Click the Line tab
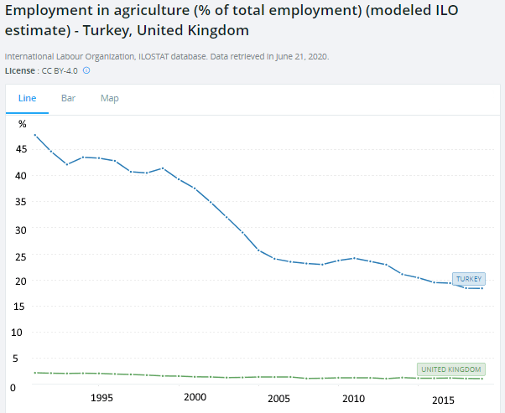pos(28,98)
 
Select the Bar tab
pos(69,98)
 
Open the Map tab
pos(110,98)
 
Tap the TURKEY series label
pos(468,278)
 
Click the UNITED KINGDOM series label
pos(451,369)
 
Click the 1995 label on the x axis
pos(102,399)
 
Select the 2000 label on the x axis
pos(195,398)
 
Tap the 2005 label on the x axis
pos(279,399)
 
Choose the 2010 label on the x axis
pos(354,399)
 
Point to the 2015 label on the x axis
pos(444,400)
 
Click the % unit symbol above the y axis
pos(23,124)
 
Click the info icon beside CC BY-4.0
pos(86,70)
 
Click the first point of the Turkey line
pos(35,135)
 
